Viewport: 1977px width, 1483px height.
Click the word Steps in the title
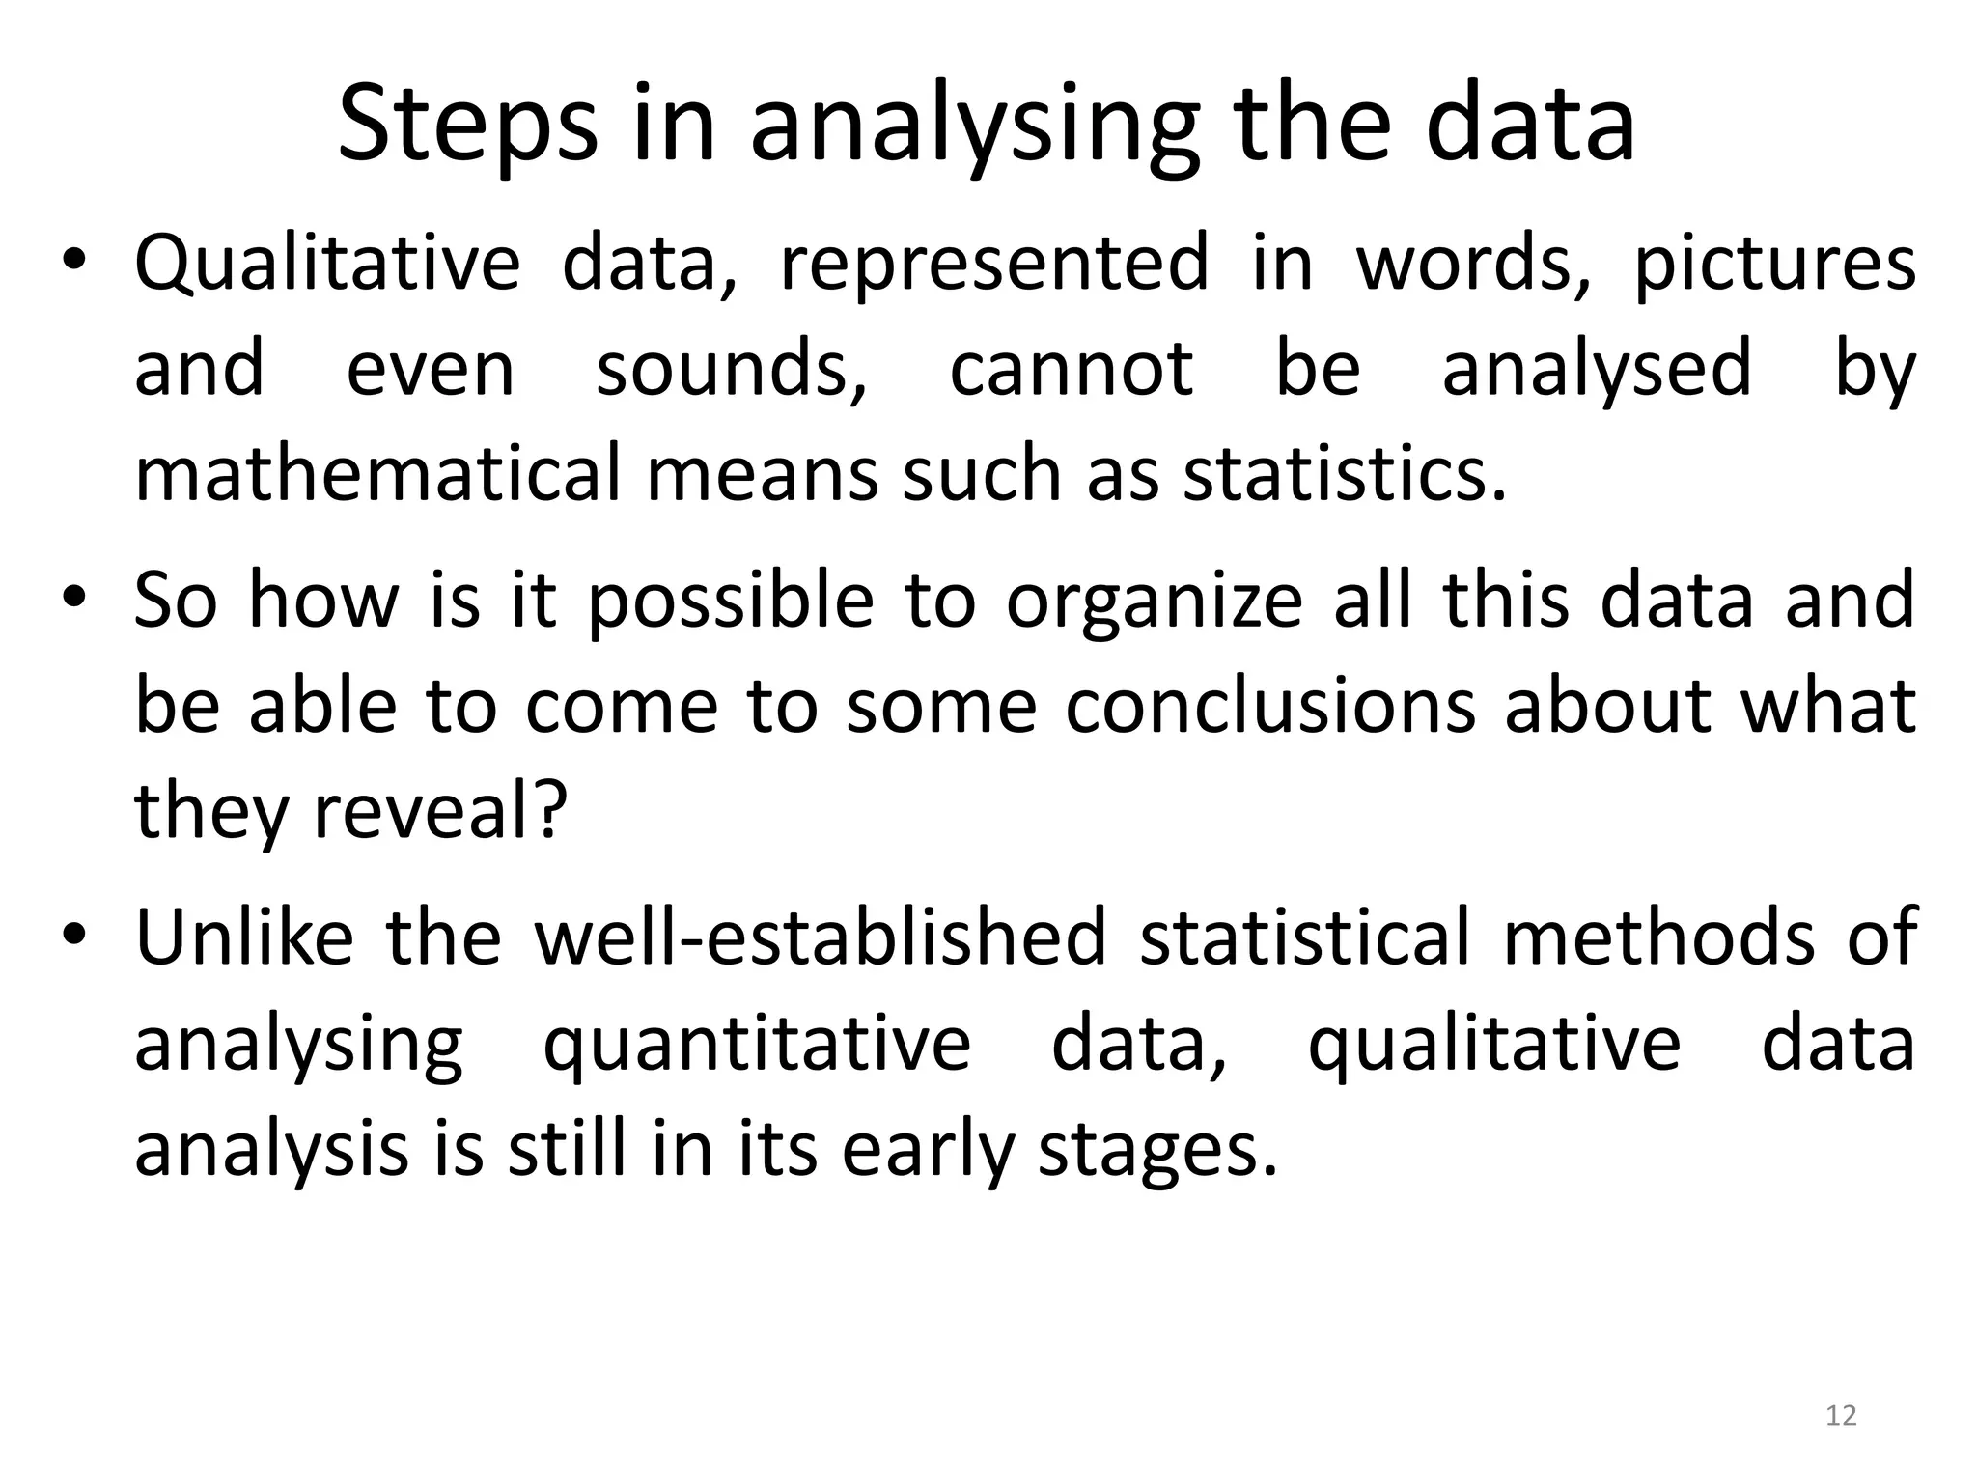[467, 126]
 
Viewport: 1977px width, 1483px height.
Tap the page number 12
[1841, 1415]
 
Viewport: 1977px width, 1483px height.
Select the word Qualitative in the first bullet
[327, 263]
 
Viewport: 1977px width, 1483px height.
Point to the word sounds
[732, 369]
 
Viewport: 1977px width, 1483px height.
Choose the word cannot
[1072, 369]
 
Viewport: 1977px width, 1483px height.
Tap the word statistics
[1345, 474]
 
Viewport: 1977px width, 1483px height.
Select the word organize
[1155, 602]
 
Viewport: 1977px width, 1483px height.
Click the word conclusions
[1270, 706]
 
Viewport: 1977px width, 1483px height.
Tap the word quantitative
[757, 1045]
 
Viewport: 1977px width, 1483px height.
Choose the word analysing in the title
[975, 126]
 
